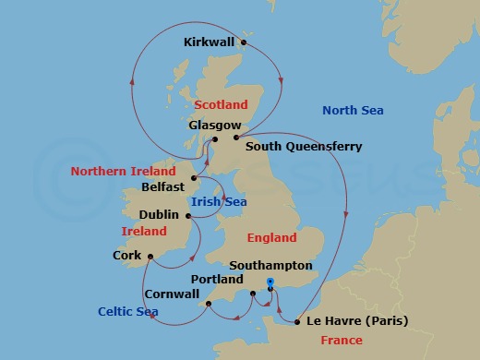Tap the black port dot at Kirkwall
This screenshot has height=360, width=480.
click(x=245, y=42)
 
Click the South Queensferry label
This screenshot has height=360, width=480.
click(x=304, y=146)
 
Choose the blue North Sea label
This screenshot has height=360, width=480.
click(x=353, y=111)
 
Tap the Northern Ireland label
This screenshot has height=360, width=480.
click(x=123, y=171)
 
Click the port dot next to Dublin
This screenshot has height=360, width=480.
click(x=188, y=217)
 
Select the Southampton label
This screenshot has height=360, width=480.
click(x=276, y=265)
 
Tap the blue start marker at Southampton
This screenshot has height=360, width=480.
click(x=270, y=282)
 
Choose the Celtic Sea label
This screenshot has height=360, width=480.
click(x=129, y=312)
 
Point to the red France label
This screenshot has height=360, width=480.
click(x=340, y=341)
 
